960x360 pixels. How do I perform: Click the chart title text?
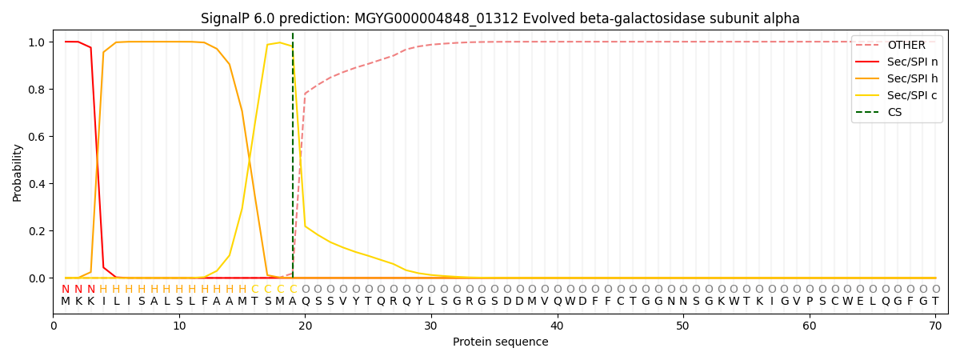pos(500,18)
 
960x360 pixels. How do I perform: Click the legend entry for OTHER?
pos(906,46)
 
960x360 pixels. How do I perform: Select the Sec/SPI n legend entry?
pos(912,62)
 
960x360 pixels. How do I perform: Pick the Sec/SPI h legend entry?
pos(912,79)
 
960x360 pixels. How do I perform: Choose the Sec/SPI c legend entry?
pos(912,96)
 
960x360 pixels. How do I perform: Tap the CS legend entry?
pos(895,113)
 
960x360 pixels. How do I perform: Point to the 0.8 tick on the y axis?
pos(38,89)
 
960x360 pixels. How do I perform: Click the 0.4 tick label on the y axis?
pos(38,184)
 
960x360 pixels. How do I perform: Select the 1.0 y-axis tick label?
pos(38,42)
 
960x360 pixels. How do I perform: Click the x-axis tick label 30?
pos(431,326)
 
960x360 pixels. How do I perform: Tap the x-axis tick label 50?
pos(683,326)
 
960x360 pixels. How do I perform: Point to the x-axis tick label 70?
pos(935,326)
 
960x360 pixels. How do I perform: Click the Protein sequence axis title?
pos(500,342)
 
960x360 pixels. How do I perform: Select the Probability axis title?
pos(18,172)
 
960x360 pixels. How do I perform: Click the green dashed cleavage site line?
pos(293,160)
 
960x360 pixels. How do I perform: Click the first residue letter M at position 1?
pos(66,302)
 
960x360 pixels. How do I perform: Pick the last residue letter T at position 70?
pos(935,302)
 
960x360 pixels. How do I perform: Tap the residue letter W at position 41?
pos(570,302)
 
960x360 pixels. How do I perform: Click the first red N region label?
pos(66,290)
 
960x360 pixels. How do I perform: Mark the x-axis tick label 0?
pos(54,326)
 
